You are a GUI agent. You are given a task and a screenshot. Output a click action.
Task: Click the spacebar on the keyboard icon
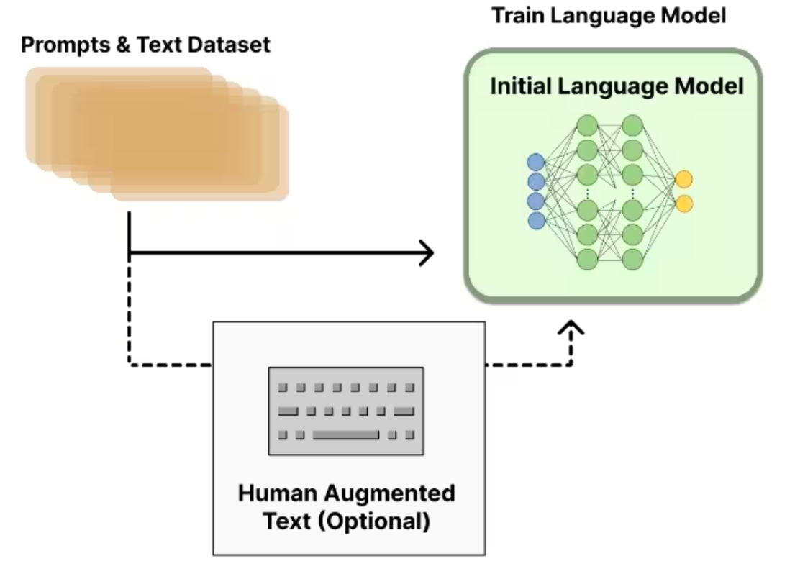click(345, 434)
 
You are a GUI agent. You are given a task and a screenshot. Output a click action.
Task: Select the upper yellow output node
click(684, 179)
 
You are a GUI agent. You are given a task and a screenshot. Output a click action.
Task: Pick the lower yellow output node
click(684, 204)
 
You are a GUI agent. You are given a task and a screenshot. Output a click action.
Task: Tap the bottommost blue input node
click(537, 220)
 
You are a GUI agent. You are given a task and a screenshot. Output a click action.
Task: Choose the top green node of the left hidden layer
click(588, 127)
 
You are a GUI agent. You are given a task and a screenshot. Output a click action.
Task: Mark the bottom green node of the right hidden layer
click(632, 259)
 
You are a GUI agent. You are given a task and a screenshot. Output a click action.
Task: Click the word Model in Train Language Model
click(699, 15)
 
